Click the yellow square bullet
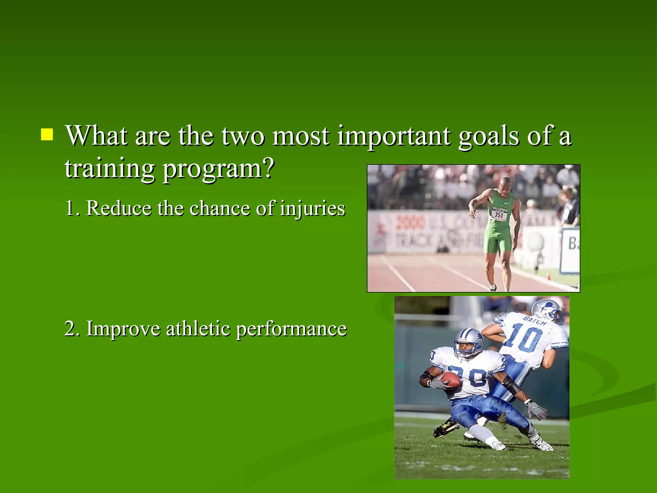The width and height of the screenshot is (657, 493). pos(47,135)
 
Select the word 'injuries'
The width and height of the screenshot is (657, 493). pos(312,209)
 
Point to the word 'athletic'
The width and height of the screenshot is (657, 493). pos(198,329)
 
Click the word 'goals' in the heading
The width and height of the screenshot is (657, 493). pos(488,136)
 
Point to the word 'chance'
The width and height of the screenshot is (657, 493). pos(220,209)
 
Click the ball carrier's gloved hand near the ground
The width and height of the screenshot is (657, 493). pos(537,411)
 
